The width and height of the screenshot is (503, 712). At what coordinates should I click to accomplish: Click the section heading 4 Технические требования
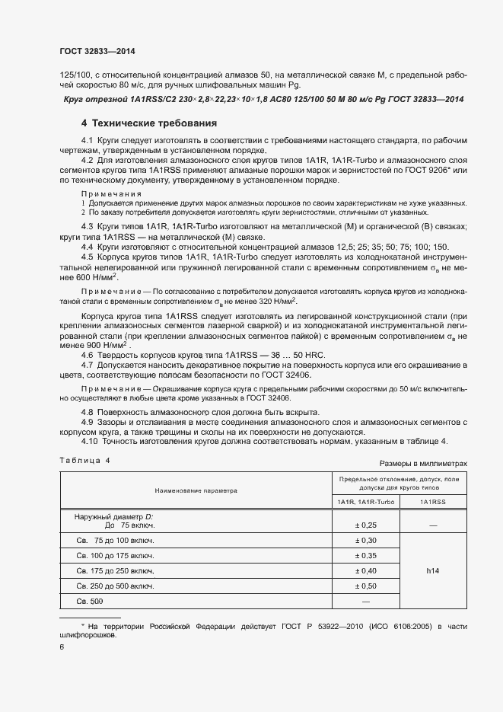pyautogui.click(x=149, y=123)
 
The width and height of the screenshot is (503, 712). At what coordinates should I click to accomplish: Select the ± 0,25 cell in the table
pyautogui.click(x=365, y=525)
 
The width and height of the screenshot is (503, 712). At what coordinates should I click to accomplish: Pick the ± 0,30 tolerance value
pyautogui.click(x=365, y=540)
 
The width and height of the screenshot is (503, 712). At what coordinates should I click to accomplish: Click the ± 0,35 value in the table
pyautogui.click(x=365, y=555)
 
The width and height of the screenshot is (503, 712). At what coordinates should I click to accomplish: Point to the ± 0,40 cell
pyautogui.click(x=365, y=570)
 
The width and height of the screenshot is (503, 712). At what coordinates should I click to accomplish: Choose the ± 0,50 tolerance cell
pyautogui.click(x=365, y=586)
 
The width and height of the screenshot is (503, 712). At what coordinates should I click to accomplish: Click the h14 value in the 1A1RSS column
pyautogui.click(x=432, y=570)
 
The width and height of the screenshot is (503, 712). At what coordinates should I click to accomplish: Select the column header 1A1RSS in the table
pyautogui.click(x=432, y=503)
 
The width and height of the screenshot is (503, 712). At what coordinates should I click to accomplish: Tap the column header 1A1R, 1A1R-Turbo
pyautogui.click(x=365, y=503)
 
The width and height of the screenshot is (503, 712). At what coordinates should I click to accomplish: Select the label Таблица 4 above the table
pyautogui.click(x=84, y=461)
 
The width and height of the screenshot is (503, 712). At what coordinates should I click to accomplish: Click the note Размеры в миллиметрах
pyautogui.click(x=422, y=462)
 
